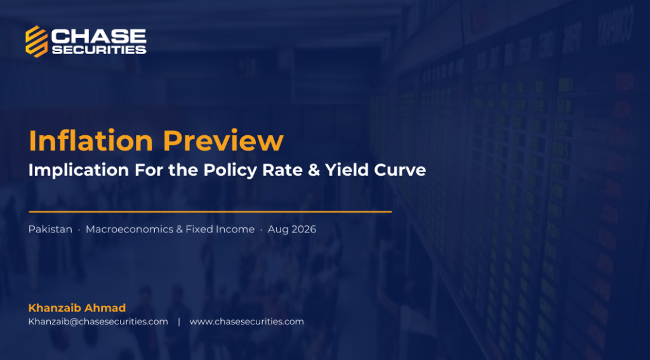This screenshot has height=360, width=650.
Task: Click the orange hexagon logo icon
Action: (x=36, y=41)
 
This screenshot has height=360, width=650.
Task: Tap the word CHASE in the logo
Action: (x=98, y=36)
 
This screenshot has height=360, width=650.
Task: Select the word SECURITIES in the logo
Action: (x=99, y=50)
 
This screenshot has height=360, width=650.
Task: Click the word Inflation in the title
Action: (x=91, y=140)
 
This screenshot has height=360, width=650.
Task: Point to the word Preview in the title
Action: (x=223, y=140)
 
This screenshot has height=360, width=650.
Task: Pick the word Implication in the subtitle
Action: (x=79, y=170)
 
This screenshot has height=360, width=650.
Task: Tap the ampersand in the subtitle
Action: (x=314, y=170)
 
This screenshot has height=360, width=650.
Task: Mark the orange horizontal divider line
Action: (x=210, y=211)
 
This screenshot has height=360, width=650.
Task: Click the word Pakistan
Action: (x=50, y=229)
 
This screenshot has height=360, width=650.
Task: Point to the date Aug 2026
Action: (x=292, y=229)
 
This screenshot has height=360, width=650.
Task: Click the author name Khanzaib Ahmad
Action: (x=77, y=308)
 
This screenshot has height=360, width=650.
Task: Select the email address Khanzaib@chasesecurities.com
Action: (x=98, y=321)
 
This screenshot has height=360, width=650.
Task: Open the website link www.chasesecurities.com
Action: (x=247, y=321)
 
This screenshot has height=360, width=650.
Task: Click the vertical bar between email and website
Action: (x=179, y=321)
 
